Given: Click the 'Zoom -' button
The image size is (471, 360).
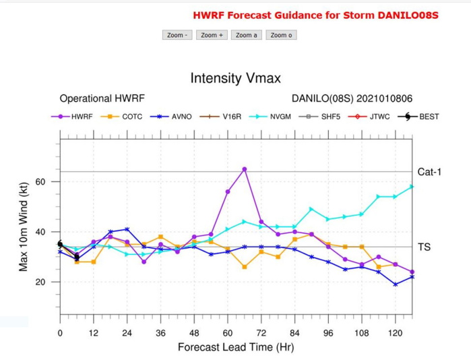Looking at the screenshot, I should point(178,35).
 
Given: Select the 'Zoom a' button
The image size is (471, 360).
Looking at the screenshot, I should point(246,35).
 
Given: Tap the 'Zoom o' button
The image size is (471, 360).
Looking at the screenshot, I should point(281,35).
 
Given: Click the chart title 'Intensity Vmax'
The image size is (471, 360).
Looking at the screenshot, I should point(235,78).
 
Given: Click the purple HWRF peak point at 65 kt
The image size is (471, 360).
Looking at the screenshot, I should point(244,169).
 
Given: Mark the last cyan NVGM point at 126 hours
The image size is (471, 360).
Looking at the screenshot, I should point(412,187).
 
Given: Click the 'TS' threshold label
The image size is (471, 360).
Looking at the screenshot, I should point(424,247).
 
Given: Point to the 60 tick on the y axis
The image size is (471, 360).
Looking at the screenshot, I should point(40,182).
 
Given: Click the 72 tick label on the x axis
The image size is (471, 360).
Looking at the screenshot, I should point(261,333).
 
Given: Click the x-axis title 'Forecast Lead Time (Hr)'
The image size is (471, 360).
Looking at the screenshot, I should point(235,347).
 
